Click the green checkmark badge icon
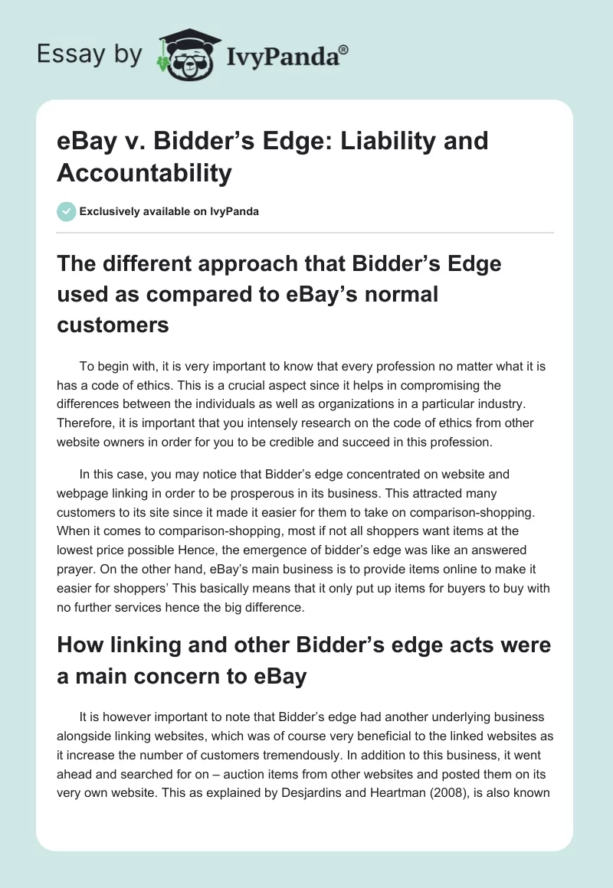coord(67,211)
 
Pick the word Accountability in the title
coord(144,173)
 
